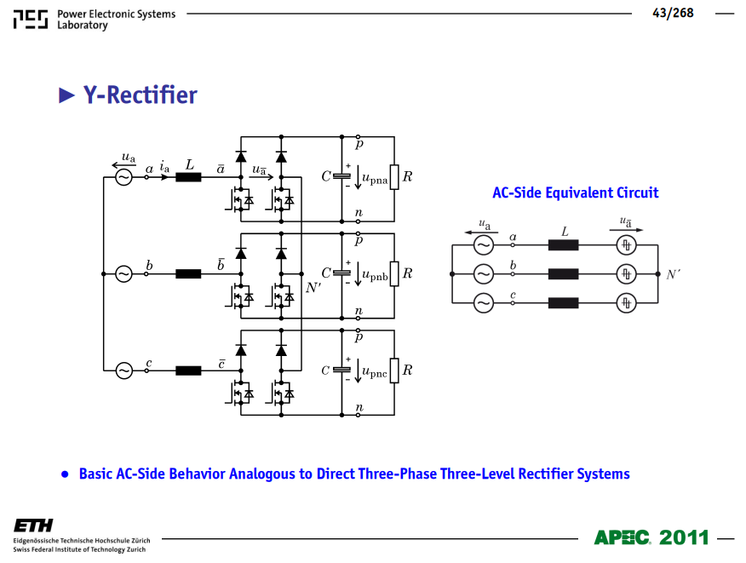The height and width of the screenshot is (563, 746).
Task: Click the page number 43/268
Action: (673, 14)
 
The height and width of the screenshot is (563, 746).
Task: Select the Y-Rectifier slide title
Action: (140, 95)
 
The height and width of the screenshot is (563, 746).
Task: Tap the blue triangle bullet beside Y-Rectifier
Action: (66, 95)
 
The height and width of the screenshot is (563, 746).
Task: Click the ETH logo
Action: (33, 526)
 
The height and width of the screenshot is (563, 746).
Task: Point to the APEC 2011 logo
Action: (651, 537)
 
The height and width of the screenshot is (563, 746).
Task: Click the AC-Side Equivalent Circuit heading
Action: (575, 192)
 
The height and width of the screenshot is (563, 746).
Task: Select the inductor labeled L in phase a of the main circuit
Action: (188, 177)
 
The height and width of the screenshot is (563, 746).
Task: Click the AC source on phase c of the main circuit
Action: (123, 371)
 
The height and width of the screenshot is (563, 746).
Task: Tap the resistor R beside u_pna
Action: (394, 177)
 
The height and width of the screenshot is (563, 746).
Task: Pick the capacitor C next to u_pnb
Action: (341, 273)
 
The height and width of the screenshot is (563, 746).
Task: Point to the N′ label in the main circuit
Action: (313, 287)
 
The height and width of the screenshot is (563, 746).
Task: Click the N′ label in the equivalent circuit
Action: (674, 274)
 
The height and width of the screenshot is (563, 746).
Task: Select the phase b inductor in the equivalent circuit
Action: (563, 274)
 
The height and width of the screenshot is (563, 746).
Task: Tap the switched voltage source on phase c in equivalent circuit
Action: (626, 303)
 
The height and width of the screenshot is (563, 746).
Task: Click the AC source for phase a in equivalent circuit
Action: (484, 245)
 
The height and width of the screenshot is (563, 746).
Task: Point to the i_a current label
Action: (164, 167)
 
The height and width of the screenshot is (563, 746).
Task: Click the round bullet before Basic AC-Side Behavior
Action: (65, 474)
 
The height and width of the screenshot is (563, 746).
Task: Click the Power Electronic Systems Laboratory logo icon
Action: (31, 20)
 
